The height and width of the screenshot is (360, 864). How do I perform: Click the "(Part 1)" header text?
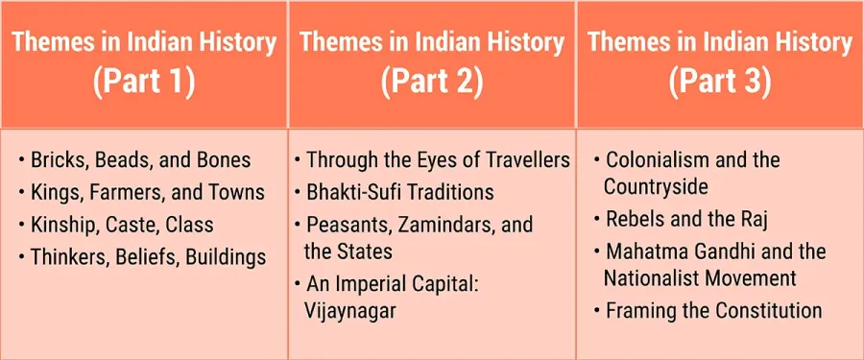144,83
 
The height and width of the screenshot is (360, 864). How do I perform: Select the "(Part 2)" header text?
432,83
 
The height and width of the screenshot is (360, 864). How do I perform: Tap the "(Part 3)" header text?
720,83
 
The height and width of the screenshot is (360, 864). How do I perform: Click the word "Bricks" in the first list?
60,160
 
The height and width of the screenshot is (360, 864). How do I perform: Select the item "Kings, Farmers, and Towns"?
148,192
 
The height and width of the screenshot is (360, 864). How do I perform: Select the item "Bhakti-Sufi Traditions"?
400,192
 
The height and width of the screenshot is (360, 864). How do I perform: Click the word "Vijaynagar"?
349,311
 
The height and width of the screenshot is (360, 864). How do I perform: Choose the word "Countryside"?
656,187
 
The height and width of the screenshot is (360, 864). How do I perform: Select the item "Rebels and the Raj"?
687,220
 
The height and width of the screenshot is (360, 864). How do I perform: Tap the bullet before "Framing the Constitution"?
597,311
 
